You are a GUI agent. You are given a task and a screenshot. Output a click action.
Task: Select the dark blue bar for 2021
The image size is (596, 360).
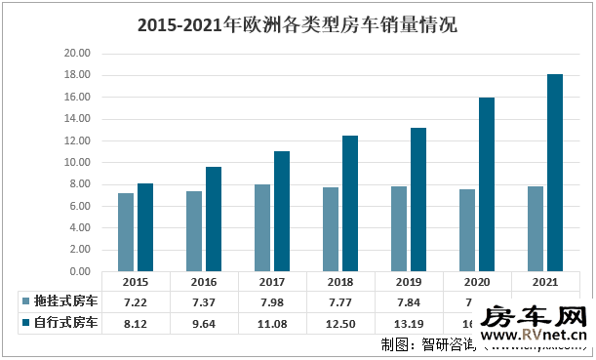click(x=555, y=173)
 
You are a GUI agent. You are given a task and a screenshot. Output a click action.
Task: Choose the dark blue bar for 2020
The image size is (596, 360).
click(x=487, y=184)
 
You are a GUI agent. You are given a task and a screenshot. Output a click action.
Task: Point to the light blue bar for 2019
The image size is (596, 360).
click(x=398, y=228)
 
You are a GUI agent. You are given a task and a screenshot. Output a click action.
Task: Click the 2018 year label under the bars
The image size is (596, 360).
click(x=339, y=281)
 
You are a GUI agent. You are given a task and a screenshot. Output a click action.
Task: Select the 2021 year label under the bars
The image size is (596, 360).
click(x=544, y=281)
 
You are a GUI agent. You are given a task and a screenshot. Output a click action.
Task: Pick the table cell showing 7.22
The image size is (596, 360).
click(x=136, y=301)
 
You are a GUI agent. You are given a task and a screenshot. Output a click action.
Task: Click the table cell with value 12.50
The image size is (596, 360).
click(x=339, y=323)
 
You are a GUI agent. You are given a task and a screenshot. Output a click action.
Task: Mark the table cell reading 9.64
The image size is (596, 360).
click(x=204, y=323)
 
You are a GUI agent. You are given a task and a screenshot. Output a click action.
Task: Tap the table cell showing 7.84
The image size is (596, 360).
click(x=408, y=301)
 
